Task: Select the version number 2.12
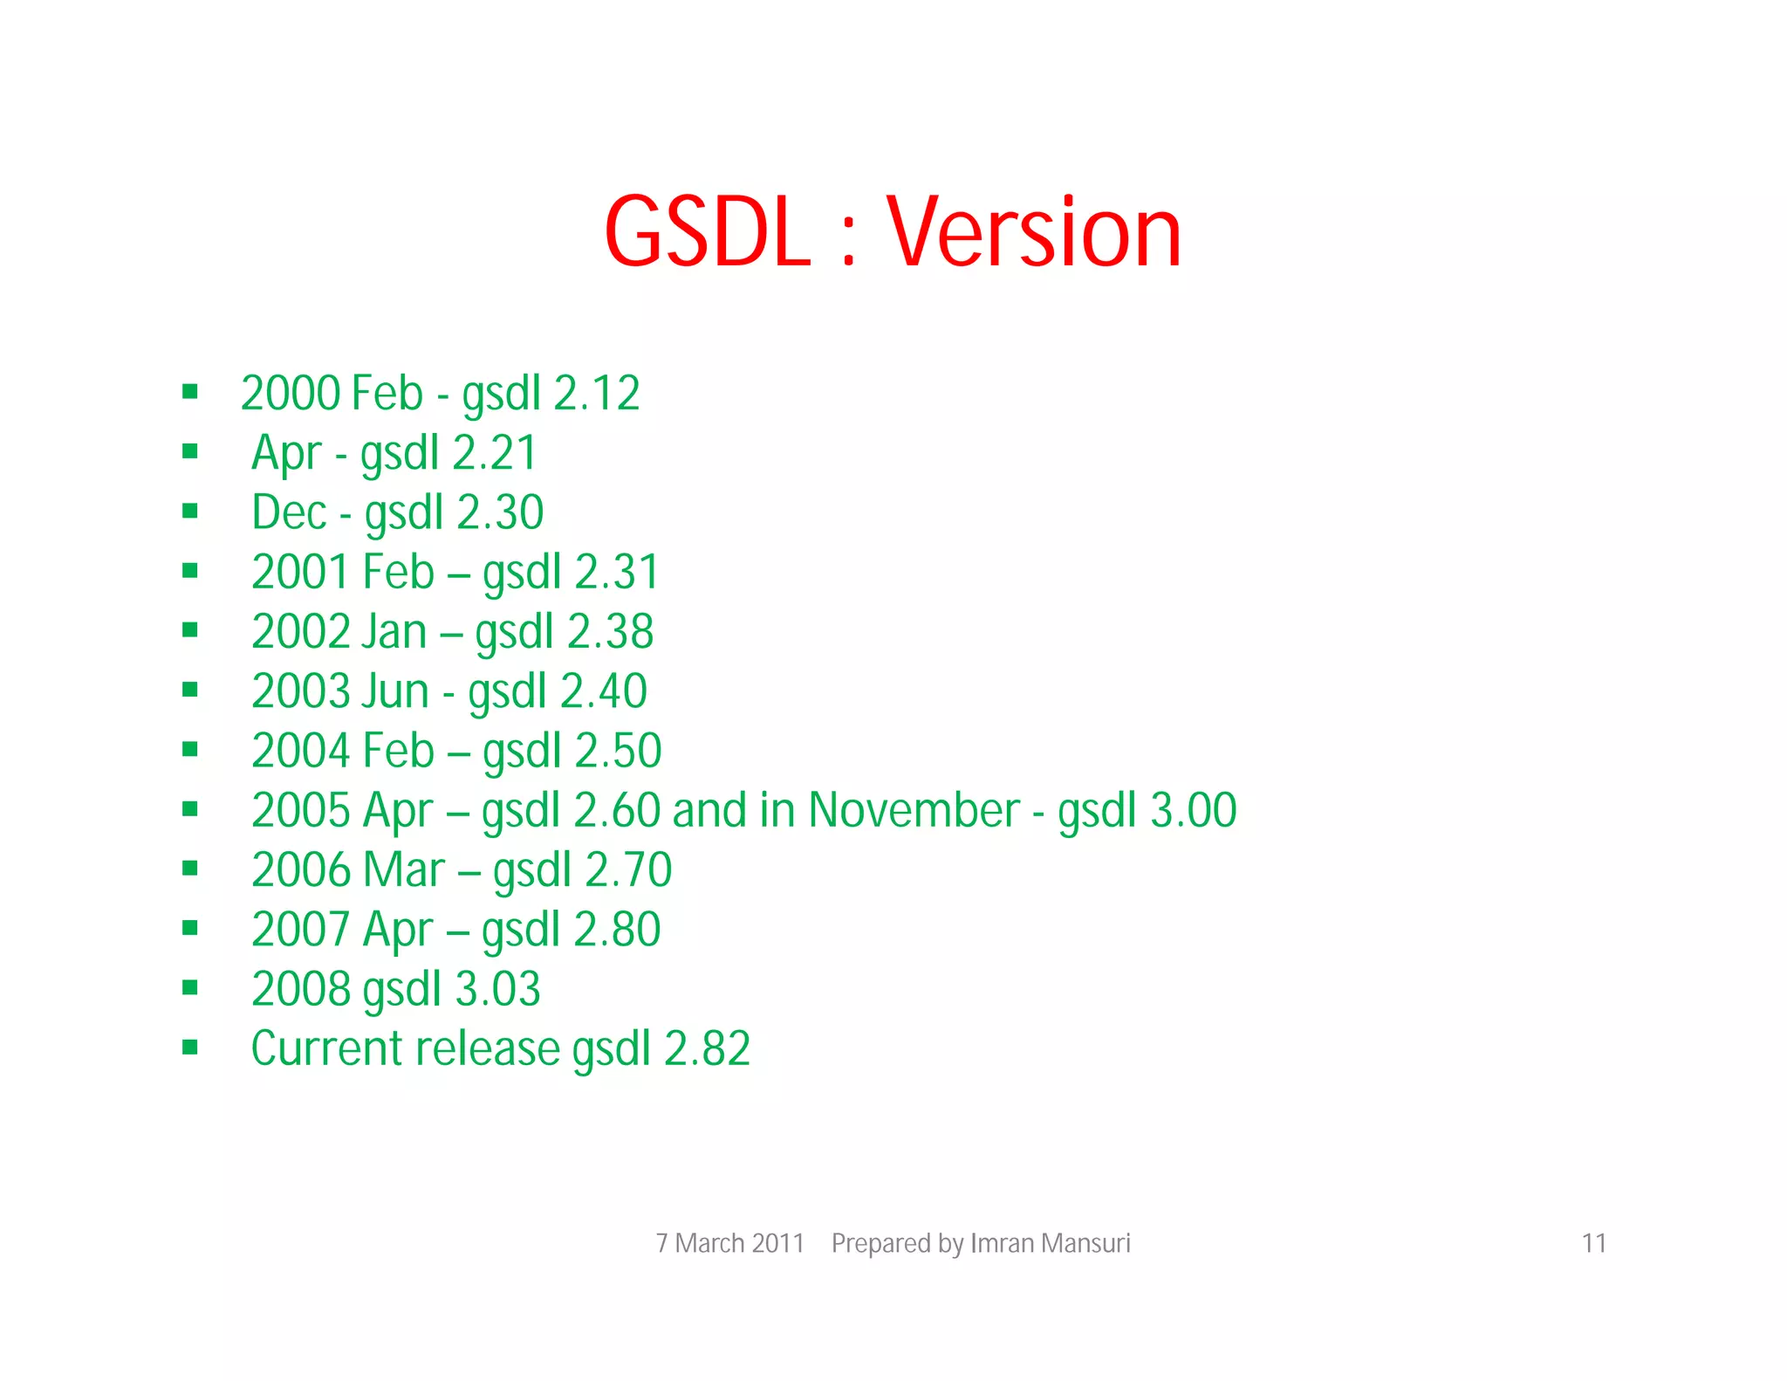pyautogui.click(x=597, y=393)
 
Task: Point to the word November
pyautogui.click(x=914, y=810)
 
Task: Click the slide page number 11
pyautogui.click(x=1593, y=1242)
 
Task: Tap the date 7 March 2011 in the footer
pyautogui.click(x=729, y=1242)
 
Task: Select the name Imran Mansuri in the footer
pyautogui.click(x=1050, y=1242)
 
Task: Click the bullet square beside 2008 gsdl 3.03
pyautogui.click(x=190, y=987)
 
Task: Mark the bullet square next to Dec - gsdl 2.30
pyautogui.click(x=190, y=511)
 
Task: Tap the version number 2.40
pyautogui.click(x=603, y=690)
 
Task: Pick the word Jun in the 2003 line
pyautogui.click(x=394, y=690)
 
